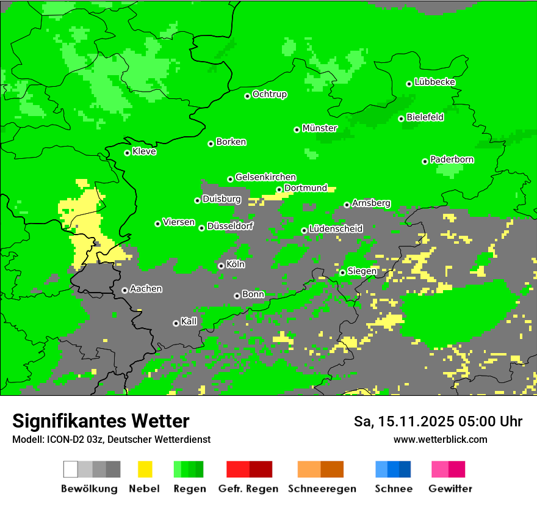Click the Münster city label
320,128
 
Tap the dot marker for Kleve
127,153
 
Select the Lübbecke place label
435,82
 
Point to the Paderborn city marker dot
425,161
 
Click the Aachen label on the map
146,289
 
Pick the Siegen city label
362,271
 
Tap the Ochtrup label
270,95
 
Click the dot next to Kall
176,323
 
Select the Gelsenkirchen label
265,177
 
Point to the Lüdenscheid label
336,229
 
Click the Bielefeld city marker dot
402,119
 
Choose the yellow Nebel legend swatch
145,469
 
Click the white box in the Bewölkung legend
71,469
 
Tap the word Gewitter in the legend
450,489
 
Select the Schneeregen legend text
322,489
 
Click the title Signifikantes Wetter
101,421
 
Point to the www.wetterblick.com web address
440,439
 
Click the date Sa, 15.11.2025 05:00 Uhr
438,421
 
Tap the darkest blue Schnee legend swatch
405,469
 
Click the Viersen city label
179,222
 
